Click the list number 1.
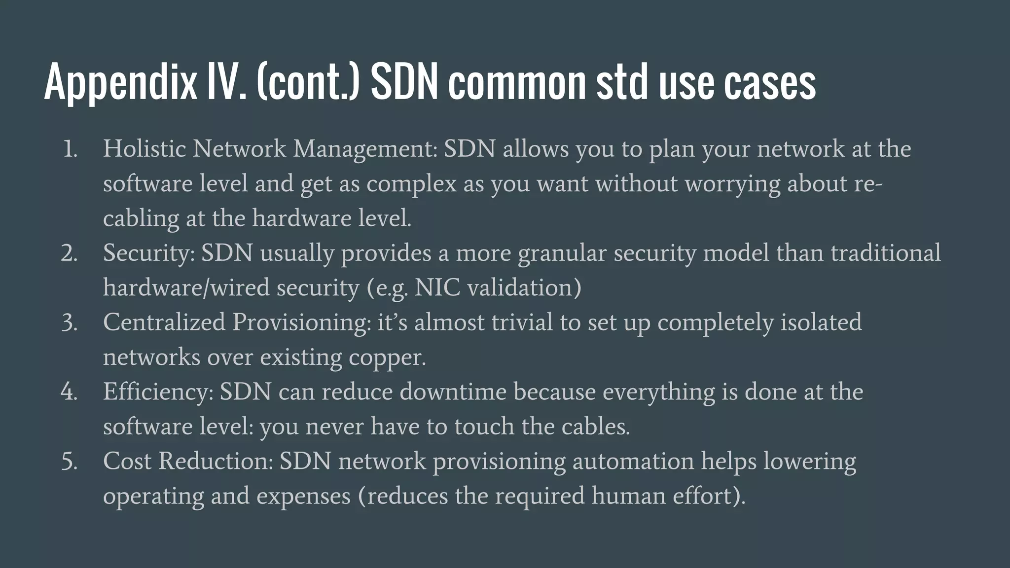[70, 149]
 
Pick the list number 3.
[70, 322]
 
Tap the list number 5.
[70, 461]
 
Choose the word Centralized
[164, 322]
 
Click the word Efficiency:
[158, 392]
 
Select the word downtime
[453, 392]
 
